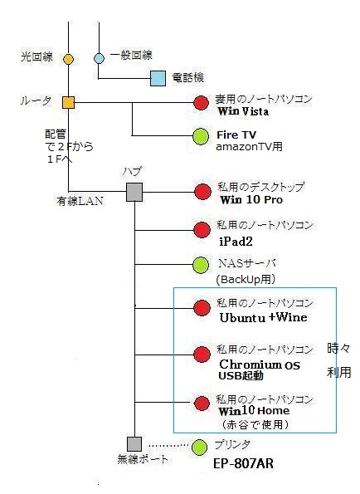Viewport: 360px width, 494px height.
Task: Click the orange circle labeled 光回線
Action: coord(68,59)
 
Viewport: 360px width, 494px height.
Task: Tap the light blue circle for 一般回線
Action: coord(100,58)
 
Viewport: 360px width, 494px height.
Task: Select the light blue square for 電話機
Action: coord(158,78)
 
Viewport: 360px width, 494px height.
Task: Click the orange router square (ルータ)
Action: coord(68,102)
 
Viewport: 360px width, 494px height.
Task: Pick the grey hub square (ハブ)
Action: coord(134,192)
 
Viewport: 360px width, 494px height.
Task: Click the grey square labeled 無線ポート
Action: coord(134,444)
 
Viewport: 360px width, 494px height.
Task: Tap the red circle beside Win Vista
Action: coord(201,102)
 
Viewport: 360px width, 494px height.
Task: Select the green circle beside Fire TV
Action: coord(201,136)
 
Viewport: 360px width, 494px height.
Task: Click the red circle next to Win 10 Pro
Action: coord(202,192)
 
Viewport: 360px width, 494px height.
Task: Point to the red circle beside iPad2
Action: coord(202,230)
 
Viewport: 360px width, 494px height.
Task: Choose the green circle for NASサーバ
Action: coord(201,265)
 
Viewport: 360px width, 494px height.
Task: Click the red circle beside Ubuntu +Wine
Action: coord(202,308)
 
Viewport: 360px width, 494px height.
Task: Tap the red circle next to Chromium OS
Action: coord(202,355)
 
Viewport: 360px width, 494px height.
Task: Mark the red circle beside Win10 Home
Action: coord(202,403)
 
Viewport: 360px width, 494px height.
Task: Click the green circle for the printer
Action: coord(200,447)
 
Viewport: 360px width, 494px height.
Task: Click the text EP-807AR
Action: coord(243,464)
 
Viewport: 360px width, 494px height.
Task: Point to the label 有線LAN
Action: coord(80,201)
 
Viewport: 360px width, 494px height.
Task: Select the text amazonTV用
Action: coord(249,146)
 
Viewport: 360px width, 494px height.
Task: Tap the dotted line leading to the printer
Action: coord(169,446)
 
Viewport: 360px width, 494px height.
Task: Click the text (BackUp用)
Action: coord(246,279)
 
